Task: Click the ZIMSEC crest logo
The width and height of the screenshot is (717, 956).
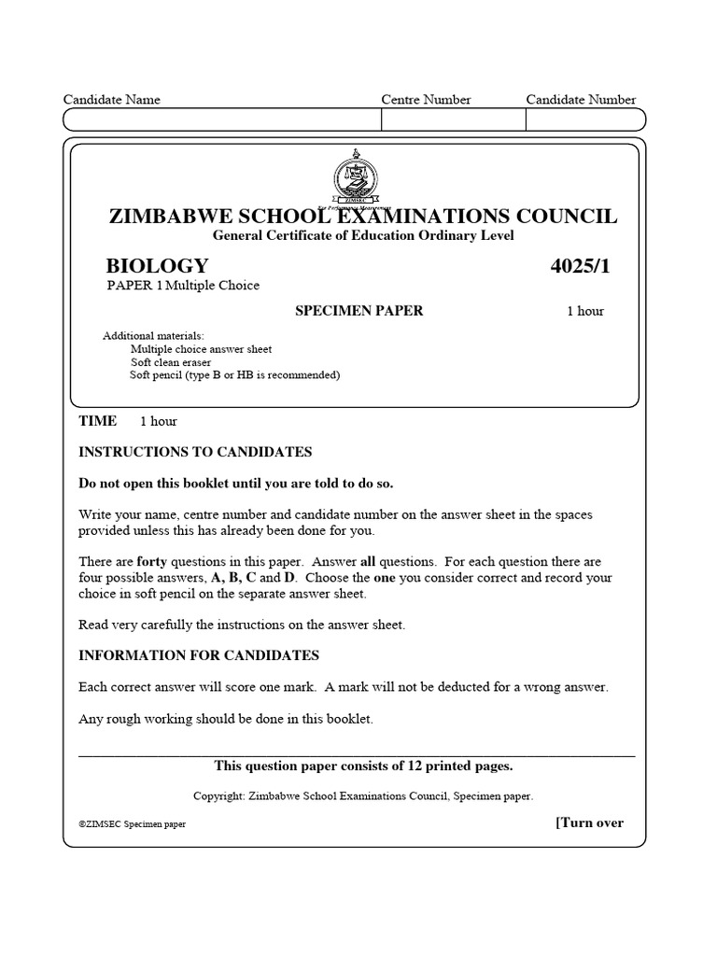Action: [357, 180]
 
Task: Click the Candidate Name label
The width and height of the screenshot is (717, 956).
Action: [111, 100]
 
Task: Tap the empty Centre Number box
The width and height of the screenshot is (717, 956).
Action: [453, 119]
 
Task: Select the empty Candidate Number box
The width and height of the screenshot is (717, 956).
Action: [584, 119]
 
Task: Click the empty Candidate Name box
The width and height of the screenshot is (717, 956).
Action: [222, 119]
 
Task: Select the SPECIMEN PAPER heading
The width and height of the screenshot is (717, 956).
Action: [358, 311]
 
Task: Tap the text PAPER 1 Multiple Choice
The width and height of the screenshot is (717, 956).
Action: [182, 286]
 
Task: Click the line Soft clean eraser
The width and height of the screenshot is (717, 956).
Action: [171, 362]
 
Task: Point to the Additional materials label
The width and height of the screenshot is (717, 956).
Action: [152, 336]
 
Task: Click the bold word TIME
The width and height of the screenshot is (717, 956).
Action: [98, 421]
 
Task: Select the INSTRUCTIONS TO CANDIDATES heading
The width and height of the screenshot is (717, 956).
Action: [195, 452]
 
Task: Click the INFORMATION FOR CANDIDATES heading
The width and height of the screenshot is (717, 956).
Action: [199, 655]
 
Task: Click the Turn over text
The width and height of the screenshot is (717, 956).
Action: [589, 822]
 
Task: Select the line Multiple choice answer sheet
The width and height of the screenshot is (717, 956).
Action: [201, 349]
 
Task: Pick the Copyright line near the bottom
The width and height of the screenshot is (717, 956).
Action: [362, 796]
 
